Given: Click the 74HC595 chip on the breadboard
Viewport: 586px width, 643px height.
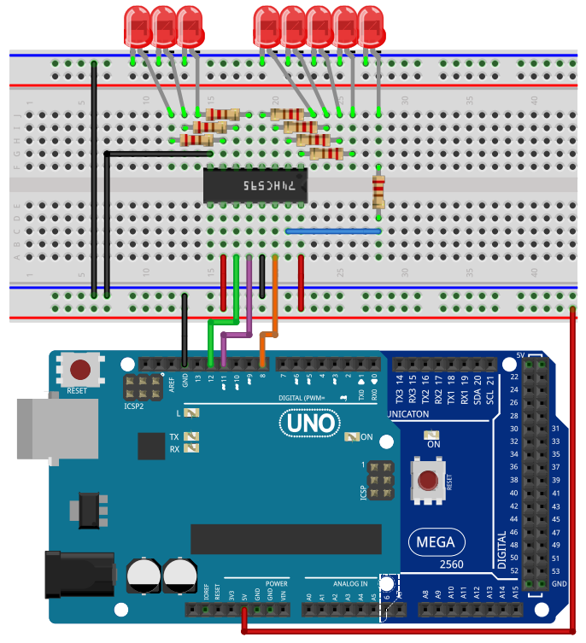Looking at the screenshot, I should click(x=255, y=185).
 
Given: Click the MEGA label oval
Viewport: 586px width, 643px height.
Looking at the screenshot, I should click(x=436, y=541).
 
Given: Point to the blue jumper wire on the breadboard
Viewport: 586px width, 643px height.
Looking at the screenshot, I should click(x=333, y=231).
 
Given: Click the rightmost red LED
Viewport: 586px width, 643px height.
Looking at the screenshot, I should click(x=372, y=26).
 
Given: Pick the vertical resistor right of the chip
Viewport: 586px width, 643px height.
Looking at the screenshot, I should click(x=378, y=190).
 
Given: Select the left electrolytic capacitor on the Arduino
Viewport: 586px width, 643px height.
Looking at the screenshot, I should click(x=142, y=576).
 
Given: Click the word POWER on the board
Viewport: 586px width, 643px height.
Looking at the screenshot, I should click(x=276, y=584).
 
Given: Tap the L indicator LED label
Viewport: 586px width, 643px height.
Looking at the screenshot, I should click(x=179, y=413).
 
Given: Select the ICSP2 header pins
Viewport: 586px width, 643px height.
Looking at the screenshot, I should click(x=142, y=389).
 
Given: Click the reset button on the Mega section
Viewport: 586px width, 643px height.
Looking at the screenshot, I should click(x=426, y=482).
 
